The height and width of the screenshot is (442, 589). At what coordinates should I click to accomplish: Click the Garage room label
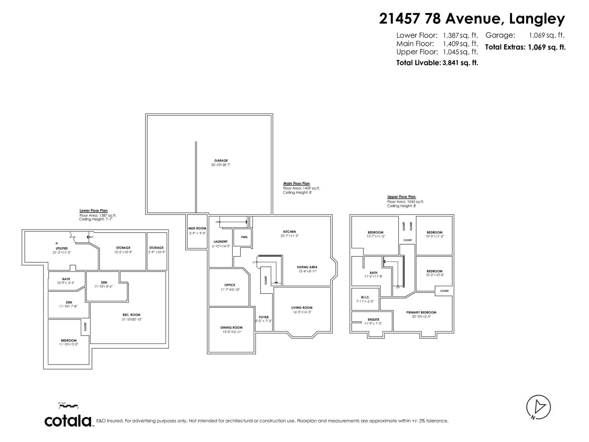click(x=221, y=161)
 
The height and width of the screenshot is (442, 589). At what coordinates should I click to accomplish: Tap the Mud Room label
click(x=197, y=228)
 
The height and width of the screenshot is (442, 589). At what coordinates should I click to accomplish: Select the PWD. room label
click(x=244, y=237)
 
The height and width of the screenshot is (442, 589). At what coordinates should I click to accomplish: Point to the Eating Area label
click(x=307, y=267)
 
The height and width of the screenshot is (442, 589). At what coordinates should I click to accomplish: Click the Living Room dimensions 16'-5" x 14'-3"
click(x=302, y=312)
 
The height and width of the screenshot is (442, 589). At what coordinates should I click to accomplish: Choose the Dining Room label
click(x=232, y=327)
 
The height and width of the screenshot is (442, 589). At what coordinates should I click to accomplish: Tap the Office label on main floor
click(x=230, y=285)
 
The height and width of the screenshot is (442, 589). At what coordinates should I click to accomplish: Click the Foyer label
click(x=264, y=317)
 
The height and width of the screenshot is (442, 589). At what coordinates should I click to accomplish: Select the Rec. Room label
click(x=131, y=315)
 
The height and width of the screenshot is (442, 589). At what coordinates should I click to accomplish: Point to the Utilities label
click(x=61, y=248)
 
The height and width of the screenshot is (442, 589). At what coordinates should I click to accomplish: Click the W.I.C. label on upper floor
click(x=365, y=297)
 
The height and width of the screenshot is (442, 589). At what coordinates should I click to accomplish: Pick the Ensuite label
click(x=373, y=319)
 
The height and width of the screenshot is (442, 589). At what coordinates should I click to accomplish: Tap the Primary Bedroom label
click(x=421, y=312)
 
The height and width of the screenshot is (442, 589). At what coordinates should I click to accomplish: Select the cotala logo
click(x=68, y=421)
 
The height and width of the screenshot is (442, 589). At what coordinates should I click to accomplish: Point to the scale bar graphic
click(x=68, y=406)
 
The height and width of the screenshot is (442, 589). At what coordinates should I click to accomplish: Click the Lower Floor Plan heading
click(x=94, y=211)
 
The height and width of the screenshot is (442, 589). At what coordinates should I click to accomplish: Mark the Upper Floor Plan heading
click(x=401, y=197)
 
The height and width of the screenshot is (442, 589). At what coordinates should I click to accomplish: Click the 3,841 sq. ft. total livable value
click(x=461, y=63)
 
